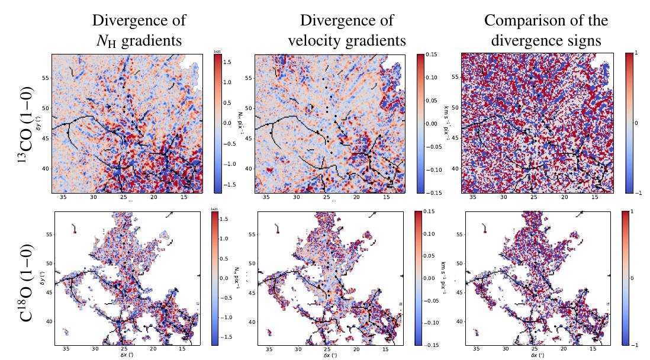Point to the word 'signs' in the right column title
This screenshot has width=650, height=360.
583,40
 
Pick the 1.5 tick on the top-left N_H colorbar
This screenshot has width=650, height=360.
228,61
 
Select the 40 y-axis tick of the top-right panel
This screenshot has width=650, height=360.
455,169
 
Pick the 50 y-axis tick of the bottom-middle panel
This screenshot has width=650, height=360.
252,263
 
